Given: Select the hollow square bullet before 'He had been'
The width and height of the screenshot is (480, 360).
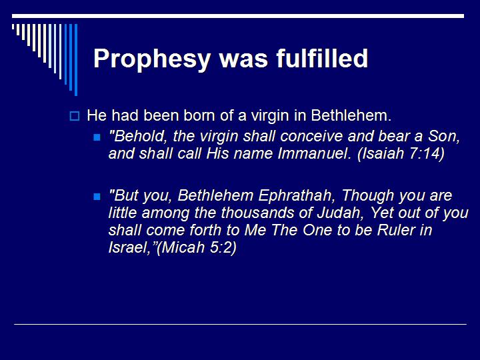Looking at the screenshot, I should coord(75,116).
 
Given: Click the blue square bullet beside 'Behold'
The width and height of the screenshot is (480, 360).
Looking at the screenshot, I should coord(97,137).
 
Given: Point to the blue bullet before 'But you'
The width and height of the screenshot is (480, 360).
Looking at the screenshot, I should coord(97,197).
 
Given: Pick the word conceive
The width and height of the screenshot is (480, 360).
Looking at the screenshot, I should coord(302,136).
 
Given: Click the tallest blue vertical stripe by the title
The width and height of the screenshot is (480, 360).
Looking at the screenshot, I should coord(75,60).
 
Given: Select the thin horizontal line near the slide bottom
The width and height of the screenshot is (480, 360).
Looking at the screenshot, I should coord(240,324).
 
